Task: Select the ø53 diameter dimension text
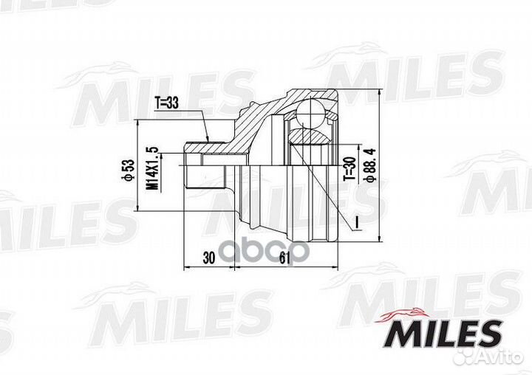click(127, 170)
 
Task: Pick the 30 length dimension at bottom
click(208, 258)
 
